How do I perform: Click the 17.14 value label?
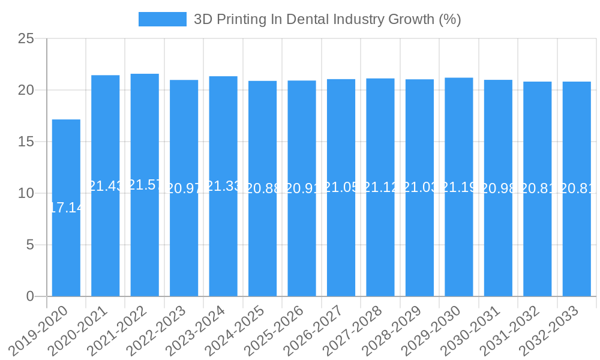coord(66,208)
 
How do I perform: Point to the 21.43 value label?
coord(106,186)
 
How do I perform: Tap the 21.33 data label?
coord(223,186)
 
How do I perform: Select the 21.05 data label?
coord(341,188)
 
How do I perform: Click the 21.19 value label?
coord(459,187)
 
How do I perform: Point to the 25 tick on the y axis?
coord(26,39)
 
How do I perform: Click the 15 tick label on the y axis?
coord(26,142)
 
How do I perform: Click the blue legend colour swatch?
coord(163,19)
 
